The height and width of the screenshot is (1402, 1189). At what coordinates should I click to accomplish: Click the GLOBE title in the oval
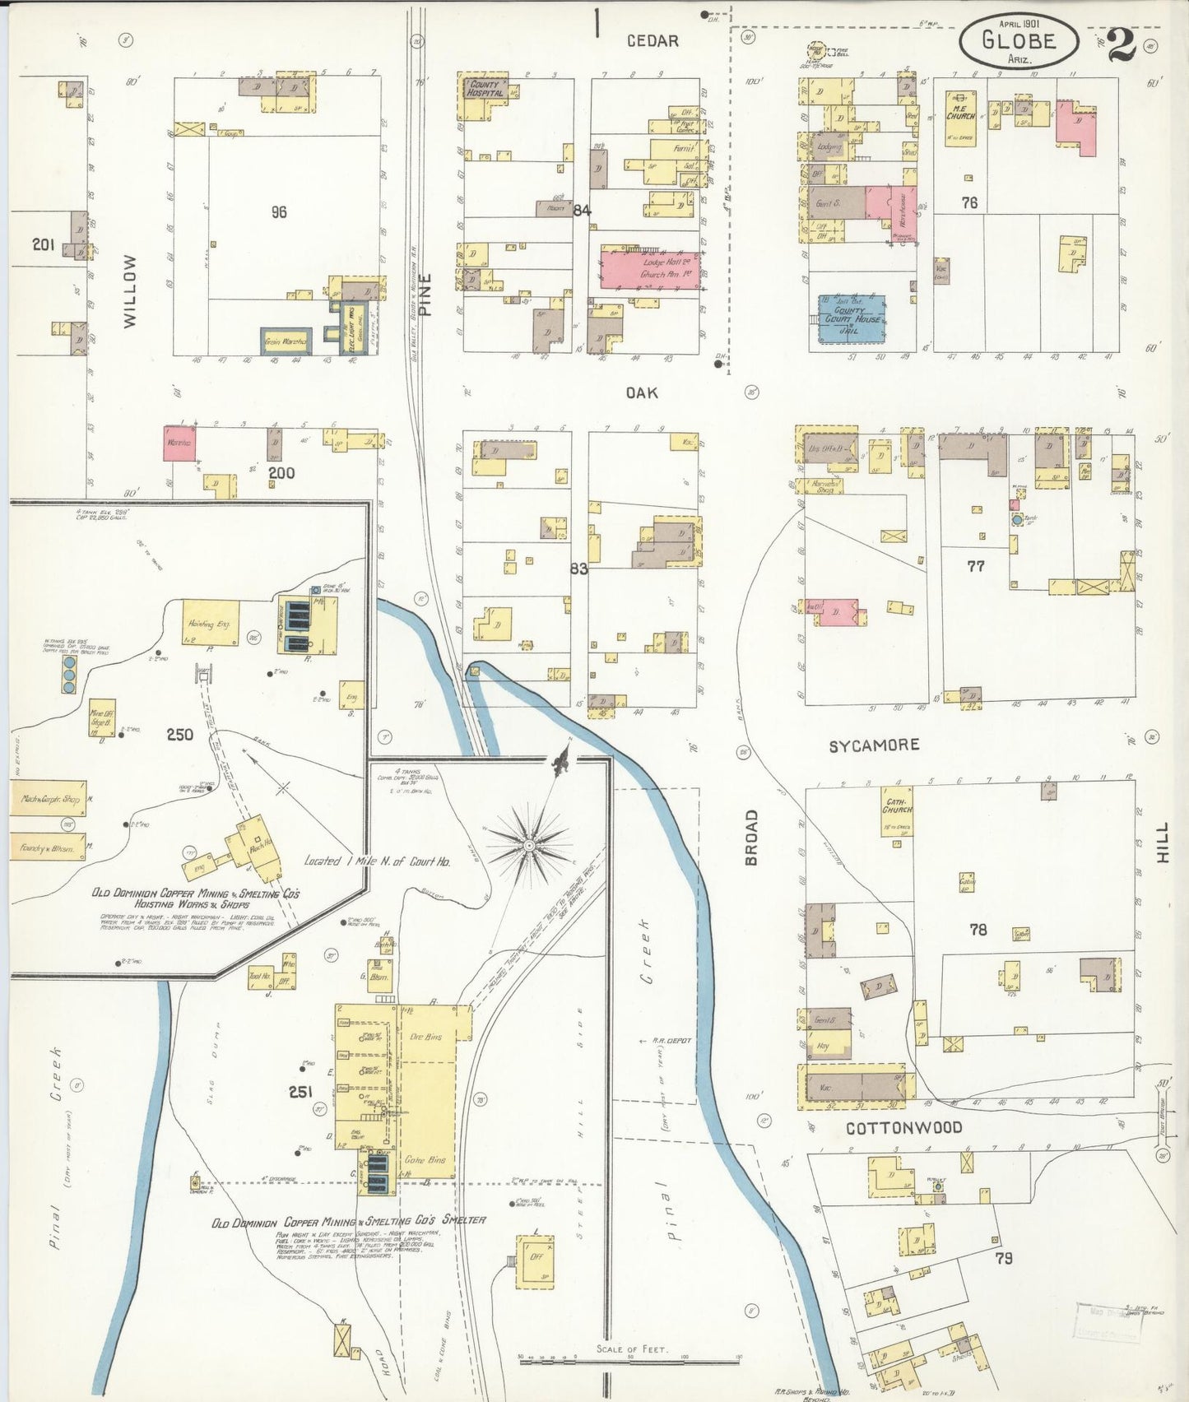1018,39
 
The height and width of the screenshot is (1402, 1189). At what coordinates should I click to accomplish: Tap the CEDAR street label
653,41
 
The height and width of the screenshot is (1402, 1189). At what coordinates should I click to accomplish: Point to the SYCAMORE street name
874,745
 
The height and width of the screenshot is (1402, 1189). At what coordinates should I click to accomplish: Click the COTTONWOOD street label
903,1128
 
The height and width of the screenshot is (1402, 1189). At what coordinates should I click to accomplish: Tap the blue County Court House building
852,319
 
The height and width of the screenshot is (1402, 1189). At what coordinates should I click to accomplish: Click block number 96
279,212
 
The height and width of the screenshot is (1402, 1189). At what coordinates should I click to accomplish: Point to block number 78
978,930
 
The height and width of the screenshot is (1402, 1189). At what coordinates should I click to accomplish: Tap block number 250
180,735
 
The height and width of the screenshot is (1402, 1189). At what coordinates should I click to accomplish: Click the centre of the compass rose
528,844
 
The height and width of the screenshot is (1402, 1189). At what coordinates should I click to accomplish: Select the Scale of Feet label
632,1350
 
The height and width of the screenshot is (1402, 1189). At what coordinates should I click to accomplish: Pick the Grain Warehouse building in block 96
285,341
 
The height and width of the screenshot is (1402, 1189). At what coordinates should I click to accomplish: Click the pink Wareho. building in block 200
179,443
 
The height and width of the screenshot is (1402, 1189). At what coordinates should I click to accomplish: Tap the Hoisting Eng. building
211,623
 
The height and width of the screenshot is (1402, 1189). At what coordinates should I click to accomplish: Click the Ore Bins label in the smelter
425,1037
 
